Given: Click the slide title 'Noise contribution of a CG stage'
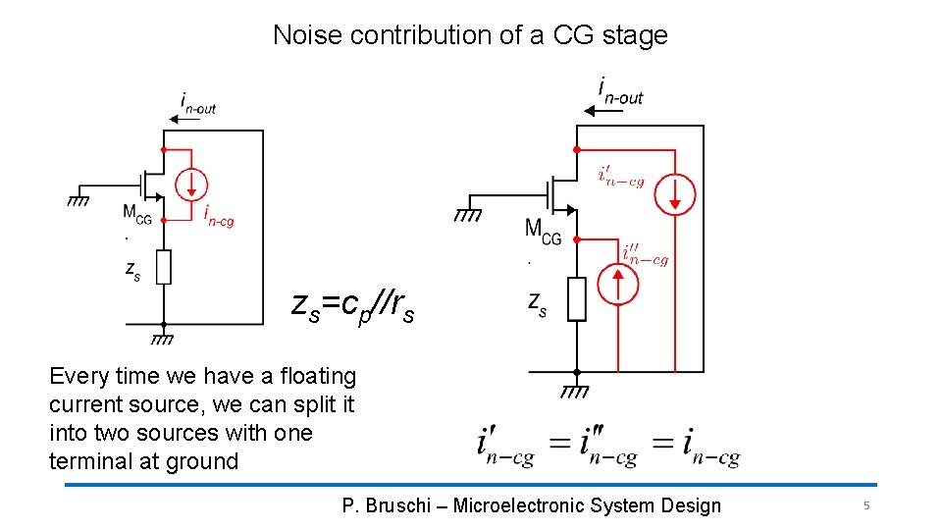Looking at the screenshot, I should [470, 35].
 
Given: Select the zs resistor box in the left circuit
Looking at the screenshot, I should [163, 267].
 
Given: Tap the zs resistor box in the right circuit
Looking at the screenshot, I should [576, 298].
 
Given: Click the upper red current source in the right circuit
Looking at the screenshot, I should [675, 192].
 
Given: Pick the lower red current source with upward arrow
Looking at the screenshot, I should [617, 285].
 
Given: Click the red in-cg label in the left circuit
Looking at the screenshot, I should [219, 216].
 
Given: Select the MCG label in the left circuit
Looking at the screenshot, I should [136, 214].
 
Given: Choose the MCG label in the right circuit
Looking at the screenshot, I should [543, 232].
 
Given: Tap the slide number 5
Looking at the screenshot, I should [866, 505].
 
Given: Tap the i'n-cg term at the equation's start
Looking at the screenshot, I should [505, 448].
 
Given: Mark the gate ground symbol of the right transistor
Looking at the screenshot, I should [466, 214].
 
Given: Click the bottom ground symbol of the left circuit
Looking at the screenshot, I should [163, 339].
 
